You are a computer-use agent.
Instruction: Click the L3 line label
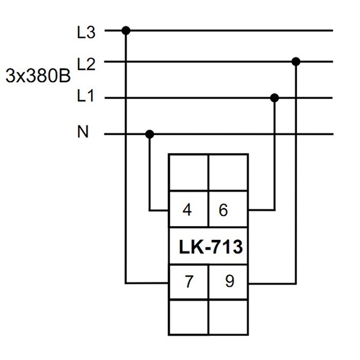(x=86, y=32)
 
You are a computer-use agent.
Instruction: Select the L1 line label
(x=85, y=95)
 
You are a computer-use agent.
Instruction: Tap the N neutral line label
(x=83, y=132)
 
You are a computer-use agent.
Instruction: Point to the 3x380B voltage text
(x=38, y=76)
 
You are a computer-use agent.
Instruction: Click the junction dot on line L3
(x=126, y=31)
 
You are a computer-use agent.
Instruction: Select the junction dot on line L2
(x=296, y=62)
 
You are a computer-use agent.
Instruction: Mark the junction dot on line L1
(x=275, y=98)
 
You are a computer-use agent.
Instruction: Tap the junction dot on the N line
(x=149, y=134)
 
